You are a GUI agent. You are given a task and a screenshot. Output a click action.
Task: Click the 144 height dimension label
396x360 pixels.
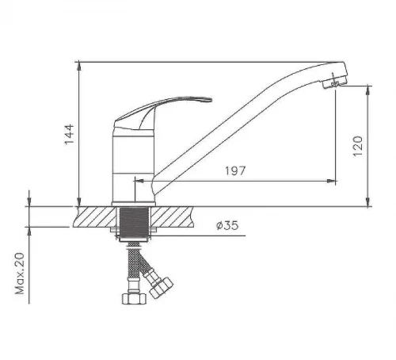click(70, 134)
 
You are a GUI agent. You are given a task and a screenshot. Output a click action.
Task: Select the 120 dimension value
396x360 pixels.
click(358, 146)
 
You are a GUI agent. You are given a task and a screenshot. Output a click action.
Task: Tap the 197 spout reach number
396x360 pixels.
click(235, 171)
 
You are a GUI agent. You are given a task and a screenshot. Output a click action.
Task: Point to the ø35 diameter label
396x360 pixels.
click(227, 225)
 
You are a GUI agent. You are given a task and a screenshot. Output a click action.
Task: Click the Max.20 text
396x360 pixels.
click(20, 274)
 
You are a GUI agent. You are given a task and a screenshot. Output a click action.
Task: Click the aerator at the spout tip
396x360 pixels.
click(333, 82)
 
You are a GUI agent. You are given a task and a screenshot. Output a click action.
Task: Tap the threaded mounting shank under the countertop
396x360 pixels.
click(134, 224)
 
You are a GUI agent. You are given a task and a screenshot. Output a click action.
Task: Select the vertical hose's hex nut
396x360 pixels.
click(134, 299)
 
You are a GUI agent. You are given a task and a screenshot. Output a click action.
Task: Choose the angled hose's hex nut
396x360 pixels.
click(161, 287)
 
